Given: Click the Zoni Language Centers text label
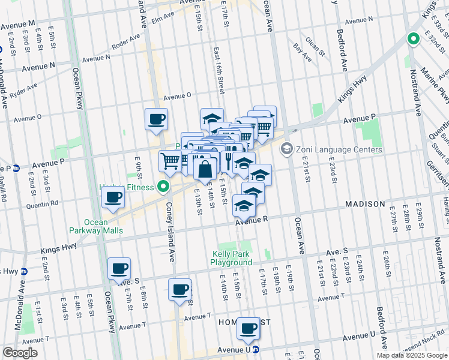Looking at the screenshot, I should [339, 149].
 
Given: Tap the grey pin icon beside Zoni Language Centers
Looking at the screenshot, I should [287, 148].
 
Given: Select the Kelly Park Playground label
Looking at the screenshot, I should [232, 258].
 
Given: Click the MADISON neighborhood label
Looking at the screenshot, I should [365, 204].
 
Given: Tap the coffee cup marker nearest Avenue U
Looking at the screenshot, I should [249, 328].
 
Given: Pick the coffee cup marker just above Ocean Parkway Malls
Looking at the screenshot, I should [113, 197].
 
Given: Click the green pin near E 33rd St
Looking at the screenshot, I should [413, 40].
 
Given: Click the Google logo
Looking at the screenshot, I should [20, 353].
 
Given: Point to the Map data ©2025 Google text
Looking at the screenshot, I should [412, 355].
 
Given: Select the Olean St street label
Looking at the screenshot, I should [313, 44].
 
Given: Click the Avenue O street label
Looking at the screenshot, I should [177, 95].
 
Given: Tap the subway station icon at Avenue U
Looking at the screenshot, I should [256, 349].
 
